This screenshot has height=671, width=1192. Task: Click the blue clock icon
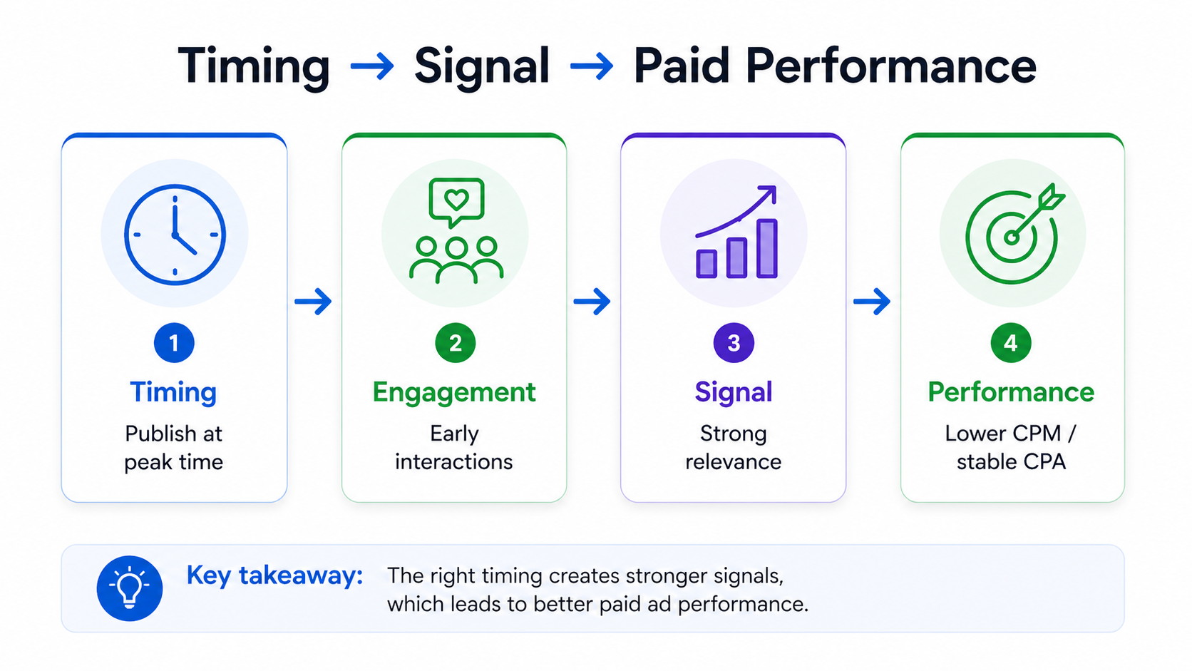(175, 235)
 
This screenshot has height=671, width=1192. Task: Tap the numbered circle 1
(174, 343)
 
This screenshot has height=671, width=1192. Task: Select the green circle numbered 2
(455, 343)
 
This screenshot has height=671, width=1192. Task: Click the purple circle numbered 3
(734, 343)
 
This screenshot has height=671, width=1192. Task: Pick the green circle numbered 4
(1010, 343)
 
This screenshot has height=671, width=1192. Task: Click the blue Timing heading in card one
(173, 392)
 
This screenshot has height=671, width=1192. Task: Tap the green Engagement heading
(454, 392)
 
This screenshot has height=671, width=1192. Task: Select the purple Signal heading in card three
(734, 392)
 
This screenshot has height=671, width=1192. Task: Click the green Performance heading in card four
(1011, 392)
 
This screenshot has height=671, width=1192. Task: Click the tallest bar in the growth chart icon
(767, 248)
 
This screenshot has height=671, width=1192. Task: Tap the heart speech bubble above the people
(456, 200)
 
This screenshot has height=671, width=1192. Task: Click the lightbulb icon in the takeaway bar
(130, 588)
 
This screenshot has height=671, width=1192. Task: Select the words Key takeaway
(274, 575)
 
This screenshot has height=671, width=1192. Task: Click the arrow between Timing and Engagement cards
(314, 302)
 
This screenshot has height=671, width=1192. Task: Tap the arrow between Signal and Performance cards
(872, 302)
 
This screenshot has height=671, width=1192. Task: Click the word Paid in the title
(681, 66)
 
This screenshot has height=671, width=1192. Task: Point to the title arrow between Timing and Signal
(372, 67)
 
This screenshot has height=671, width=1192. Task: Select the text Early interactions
(454, 448)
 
